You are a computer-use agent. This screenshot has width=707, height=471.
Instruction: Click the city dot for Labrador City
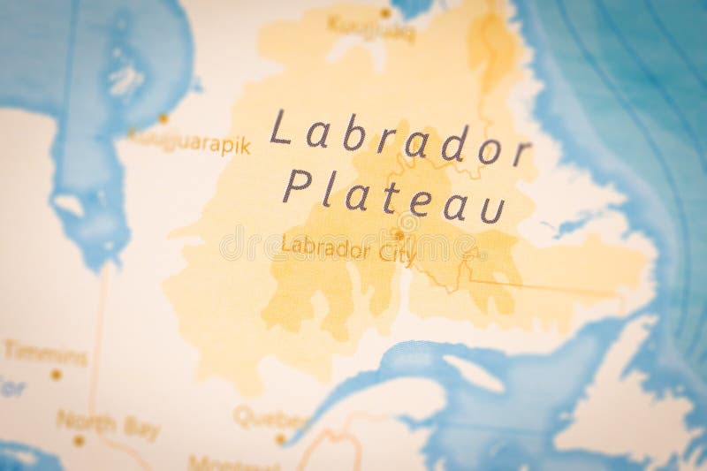399,236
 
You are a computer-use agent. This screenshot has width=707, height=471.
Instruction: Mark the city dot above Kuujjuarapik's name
163,118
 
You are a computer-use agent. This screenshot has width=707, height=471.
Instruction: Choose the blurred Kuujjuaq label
358,24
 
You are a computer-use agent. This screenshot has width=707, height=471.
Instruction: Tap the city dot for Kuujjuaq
385,12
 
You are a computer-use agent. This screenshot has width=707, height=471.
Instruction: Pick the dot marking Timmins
56,375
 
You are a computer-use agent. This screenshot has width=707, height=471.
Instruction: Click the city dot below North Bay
79,439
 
